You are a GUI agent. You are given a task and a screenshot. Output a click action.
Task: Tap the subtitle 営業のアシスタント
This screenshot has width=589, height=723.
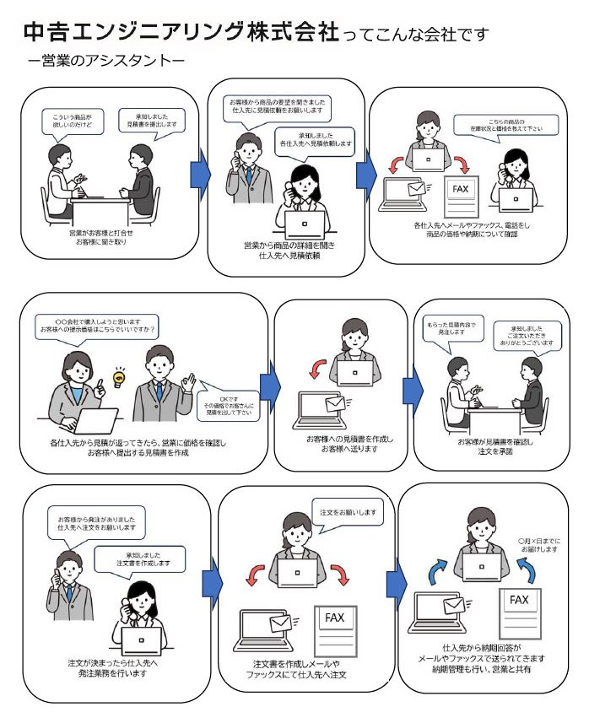tap(105, 62)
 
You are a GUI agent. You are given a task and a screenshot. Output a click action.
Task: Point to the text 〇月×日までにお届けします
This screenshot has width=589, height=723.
tap(538, 543)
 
